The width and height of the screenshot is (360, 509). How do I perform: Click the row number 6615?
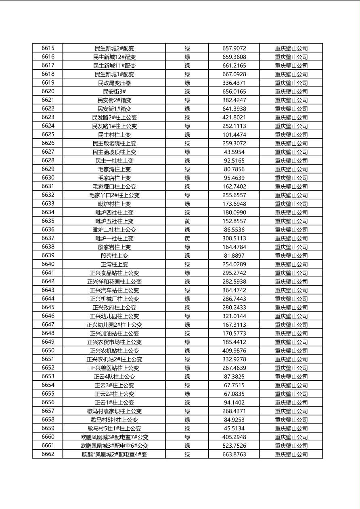[48, 48]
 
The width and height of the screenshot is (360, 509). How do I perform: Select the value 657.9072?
[234, 48]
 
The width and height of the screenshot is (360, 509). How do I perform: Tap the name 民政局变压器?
[114, 83]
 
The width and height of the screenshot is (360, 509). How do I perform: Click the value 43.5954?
[234, 152]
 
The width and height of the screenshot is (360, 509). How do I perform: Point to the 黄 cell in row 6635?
[187, 221]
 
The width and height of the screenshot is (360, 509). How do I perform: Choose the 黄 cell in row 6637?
[187, 238]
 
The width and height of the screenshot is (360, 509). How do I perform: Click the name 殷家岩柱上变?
[114, 247]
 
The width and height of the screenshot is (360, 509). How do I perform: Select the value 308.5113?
[234, 238]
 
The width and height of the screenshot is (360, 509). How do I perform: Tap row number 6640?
[48, 264]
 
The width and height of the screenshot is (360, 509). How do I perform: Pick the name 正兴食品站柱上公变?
[114, 273]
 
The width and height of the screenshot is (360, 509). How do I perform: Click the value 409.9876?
[234, 351]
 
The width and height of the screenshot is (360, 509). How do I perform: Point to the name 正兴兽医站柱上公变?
[114, 368]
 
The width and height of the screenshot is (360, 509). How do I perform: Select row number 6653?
[48, 376]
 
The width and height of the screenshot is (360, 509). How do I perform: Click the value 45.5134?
[234, 428]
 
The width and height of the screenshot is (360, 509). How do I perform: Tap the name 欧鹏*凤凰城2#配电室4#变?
[114, 455]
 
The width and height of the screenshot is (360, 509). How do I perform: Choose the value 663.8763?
[234, 455]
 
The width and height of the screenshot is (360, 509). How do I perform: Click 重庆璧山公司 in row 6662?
[291, 455]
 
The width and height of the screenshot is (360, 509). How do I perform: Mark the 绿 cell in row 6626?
[187, 143]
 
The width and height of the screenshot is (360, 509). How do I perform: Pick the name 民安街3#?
[114, 92]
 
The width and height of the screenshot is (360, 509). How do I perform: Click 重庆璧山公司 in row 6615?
[291, 48]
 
